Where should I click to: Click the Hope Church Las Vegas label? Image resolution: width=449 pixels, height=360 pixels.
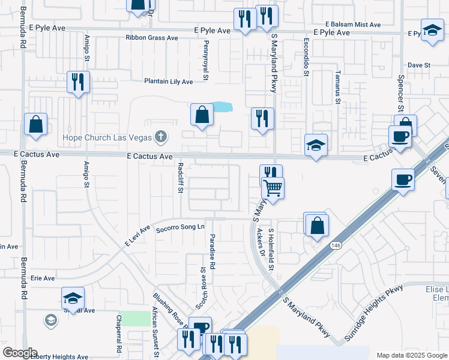click(x=107, y=137)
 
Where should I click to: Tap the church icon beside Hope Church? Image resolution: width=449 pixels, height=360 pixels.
click(x=160, y=137)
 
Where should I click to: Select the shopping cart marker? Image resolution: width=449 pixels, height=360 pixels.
click(x=273, y=189)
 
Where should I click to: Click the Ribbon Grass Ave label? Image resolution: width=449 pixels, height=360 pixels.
click(x=152, y=38)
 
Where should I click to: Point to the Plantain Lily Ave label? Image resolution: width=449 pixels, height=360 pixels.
click(x=168, y=82)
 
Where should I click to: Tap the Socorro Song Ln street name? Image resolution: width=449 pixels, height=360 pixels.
click(x=180, y=227)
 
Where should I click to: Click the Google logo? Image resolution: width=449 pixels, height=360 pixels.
click(x=20, y=353)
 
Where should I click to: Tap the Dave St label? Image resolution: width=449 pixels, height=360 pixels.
click(x=420, y=65)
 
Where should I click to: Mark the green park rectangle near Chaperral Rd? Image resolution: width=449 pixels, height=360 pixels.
click(x=134, y=319)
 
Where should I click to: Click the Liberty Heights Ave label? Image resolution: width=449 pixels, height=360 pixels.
click(x=59, y=356)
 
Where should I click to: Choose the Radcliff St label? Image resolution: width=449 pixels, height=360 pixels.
click(x=180, y=178)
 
